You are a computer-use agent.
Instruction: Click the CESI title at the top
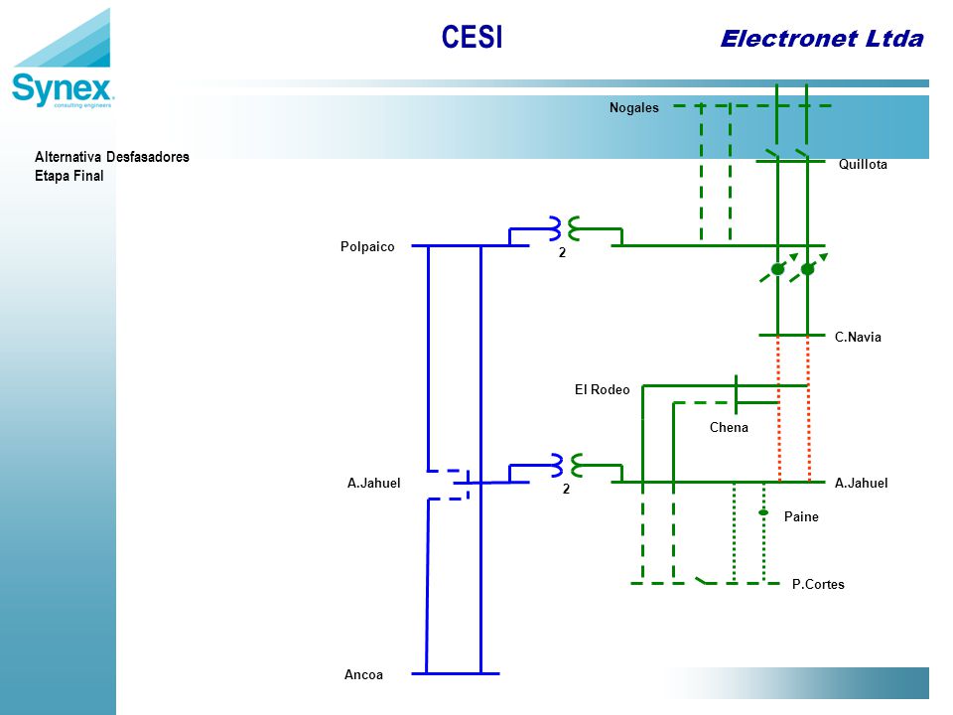(x=472, y=37)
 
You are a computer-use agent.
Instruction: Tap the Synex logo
(x=63, y=59)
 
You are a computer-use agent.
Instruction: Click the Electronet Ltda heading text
(x=822, y=39)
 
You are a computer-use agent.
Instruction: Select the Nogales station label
(x=634, y=107)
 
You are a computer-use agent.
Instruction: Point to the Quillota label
(x=863, y=164)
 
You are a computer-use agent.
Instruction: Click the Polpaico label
(x=367, y=246)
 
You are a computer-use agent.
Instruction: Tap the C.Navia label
(x=858, y=337)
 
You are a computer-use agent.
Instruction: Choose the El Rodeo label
(x=602, y=389)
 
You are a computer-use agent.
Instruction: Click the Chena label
(x=729, y=427)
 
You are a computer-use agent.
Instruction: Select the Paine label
(x=801, y=516)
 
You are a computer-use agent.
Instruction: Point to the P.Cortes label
(x=818, y=584)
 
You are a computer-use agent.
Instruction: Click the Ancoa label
(x=363, y=675)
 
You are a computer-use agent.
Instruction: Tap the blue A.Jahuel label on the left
(x=374, y=484)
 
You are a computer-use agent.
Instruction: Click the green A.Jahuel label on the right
(x=861, y=484)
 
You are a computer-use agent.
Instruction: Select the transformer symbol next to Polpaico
(x=565, y=228)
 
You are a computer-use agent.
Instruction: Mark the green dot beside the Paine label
(x=763, y=512)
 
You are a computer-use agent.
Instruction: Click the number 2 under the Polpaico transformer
(x=562, y=253)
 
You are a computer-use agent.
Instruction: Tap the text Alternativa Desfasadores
(x=112, y=157)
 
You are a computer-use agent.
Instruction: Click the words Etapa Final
(x=68, y=177)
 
